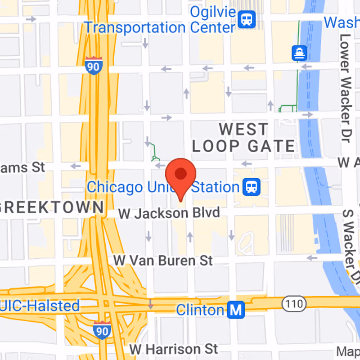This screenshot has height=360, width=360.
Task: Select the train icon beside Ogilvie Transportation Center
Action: point(247,19)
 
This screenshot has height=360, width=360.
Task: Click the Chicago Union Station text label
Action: point(162,187)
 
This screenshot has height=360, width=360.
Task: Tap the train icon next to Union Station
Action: point(251,187)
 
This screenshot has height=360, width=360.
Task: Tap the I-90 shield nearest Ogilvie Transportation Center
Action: point(93,66)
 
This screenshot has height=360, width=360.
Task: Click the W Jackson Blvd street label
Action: point(169,212)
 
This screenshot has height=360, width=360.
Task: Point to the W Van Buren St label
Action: point(162,260)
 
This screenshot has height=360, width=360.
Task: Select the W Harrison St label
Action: point(173,349)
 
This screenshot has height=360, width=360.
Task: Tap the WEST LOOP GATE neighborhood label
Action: point(243,138)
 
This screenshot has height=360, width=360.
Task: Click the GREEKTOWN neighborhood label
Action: point(52,207)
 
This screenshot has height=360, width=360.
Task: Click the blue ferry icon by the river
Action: point(299,53)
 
